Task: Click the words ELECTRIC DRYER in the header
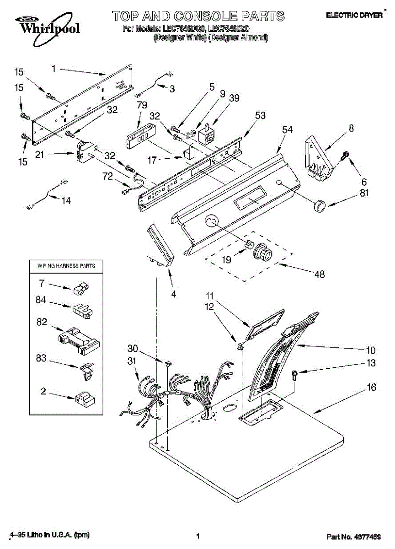point(354,15)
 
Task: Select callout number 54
point(287,130)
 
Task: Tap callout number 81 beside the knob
point(364,193)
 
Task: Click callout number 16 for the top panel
point(371,388)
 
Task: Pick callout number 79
point(142,105)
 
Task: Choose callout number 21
point(40,155)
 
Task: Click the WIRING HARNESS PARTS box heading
point(63,265)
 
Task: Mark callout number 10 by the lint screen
point(371,350)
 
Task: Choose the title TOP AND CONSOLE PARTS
point(198,16)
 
